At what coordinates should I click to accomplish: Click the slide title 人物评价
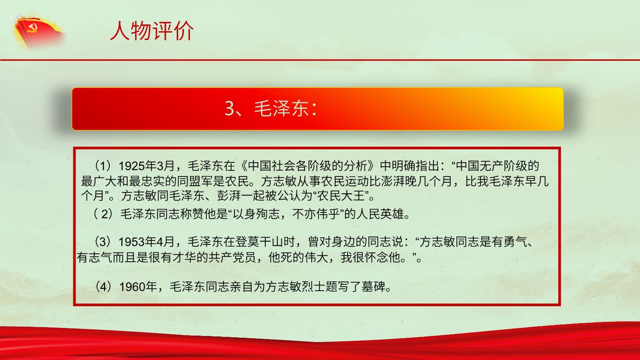click(x=152, y=31)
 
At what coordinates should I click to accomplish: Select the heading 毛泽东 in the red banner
click(x=281, y=108)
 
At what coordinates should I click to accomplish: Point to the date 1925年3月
click(x=146, y=166)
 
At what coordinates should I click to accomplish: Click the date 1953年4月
click(x=146, y=242)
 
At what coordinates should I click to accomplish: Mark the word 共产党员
click(x=232, y=258)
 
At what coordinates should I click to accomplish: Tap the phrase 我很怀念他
click(x=370, y=258)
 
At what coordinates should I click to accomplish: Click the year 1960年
click(x=138, y=287)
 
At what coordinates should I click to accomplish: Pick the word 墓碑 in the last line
click(x=373, y=287)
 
